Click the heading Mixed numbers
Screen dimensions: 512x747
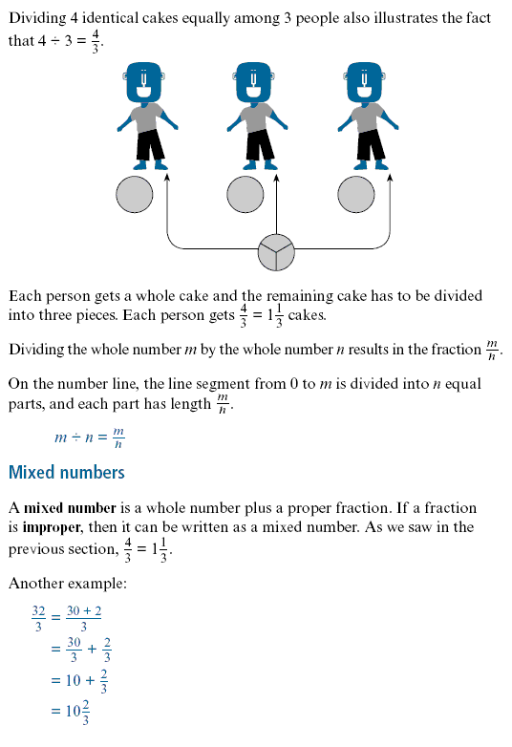coord(67,472)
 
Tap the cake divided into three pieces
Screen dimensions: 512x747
coord(276,252)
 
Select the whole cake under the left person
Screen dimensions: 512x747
coord(135,194)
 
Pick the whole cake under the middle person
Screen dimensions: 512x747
coord(245,194)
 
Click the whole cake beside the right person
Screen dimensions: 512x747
coord(355,194)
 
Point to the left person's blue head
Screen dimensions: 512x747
coord(143,82)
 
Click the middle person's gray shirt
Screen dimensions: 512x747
coord(256,117)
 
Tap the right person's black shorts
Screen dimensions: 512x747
coord(371,144)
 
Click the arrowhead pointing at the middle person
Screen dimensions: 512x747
coord(277,178)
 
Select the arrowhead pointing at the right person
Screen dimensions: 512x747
coord(390,178)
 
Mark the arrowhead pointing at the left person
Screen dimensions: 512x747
coord(167,178)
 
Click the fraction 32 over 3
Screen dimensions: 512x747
coord(38,618)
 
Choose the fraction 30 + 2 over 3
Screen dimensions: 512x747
coord(84,618)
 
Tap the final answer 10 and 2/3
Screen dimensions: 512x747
coord(76,712)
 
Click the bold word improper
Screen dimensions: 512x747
coord(52,527)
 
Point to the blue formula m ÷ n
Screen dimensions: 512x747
coord(75,438)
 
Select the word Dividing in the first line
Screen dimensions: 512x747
coord(37,18)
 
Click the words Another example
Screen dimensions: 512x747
coord(68,583)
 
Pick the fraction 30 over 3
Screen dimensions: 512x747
coord(74,650)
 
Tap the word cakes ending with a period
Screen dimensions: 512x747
coord(308,315)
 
